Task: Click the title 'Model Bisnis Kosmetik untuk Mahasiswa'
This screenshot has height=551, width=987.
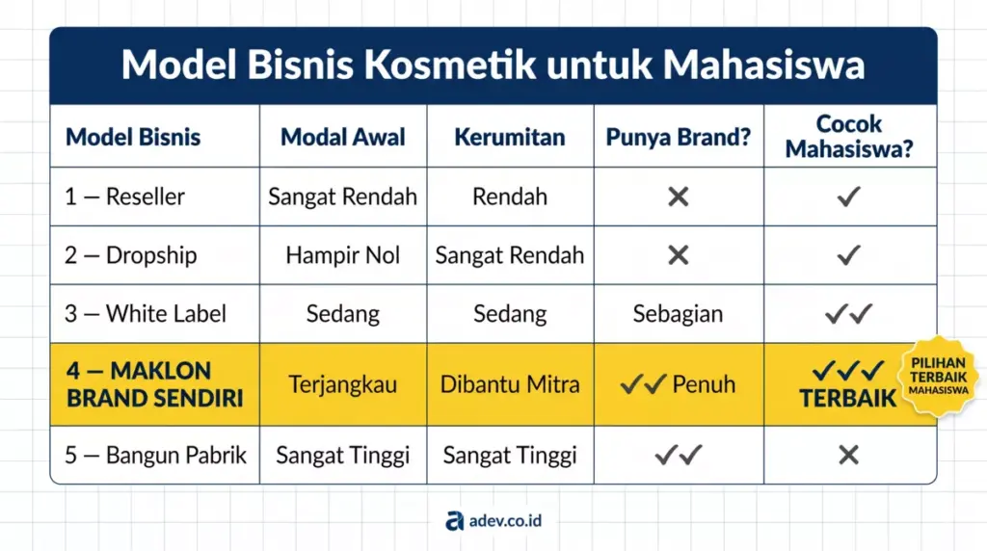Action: coord(493,66)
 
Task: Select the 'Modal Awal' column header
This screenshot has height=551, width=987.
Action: coord(343,137)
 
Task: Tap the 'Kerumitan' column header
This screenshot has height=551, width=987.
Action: coord(509,137)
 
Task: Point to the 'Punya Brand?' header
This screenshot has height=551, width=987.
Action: coord(678,137)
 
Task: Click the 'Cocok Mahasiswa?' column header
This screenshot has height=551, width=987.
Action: coord(848,137)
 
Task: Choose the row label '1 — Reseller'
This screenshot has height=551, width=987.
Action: coord(124,197)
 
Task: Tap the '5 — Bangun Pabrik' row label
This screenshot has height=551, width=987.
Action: coord(155,455)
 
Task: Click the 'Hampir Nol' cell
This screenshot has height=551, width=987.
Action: coord(343,255)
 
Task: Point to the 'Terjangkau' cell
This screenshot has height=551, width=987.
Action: coord(343,384)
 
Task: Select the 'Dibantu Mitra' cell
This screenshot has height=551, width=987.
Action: coord(510,384)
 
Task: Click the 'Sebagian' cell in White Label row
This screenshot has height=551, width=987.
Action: coord(678,314)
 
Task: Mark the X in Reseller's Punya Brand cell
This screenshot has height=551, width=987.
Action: coord(679,197)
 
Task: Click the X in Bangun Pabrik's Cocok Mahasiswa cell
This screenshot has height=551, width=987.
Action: coord(848,455)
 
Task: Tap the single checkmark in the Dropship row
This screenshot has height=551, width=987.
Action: coord(848,255)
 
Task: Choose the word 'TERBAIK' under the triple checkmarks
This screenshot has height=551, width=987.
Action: coord(847,398)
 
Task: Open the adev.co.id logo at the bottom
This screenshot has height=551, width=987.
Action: coord(493,521)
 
